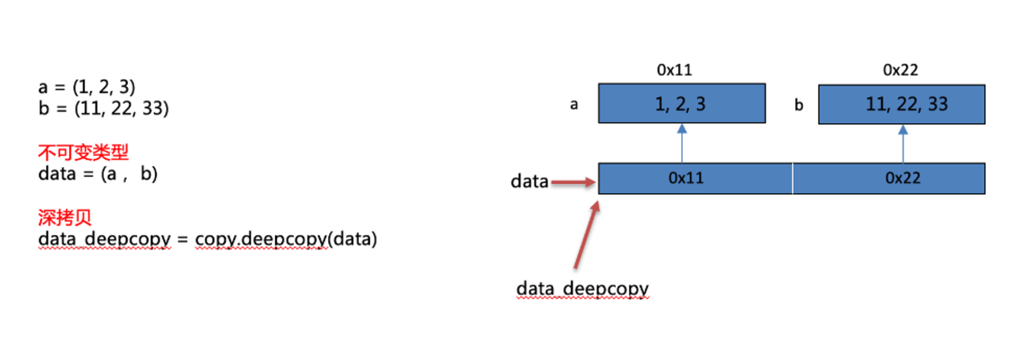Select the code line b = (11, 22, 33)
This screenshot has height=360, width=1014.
click(103, 108)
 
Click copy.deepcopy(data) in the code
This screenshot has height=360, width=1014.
click(286, 240)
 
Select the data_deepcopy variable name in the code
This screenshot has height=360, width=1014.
click(104, 240)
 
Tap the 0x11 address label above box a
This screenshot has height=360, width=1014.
click(675, 71)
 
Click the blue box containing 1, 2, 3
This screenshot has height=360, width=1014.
click(682, 103)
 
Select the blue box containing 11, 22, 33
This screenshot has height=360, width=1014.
click(902, 103)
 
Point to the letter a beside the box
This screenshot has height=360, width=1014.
click(574, 105)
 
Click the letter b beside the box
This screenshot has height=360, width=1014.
click(799, 105)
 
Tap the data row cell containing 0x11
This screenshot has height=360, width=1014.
click(695, 179)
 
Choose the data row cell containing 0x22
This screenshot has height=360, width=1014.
click(889, 179)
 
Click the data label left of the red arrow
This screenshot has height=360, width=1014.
click(530, 182)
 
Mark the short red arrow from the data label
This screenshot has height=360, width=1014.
click(572, 183)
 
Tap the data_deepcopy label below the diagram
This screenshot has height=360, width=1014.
click(582, 287)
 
